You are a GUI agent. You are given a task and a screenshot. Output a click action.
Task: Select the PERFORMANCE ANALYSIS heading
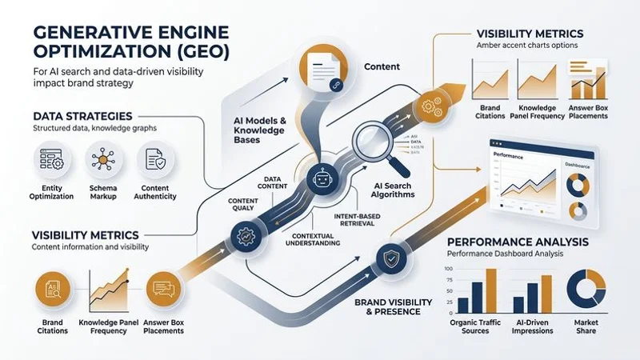point(518,241)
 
